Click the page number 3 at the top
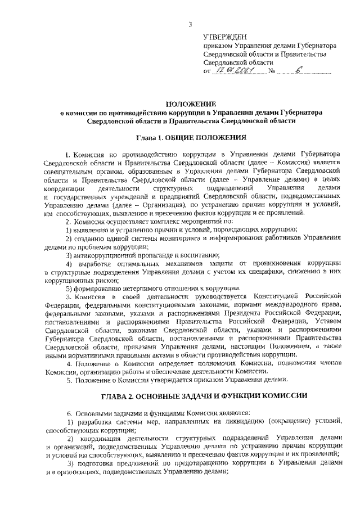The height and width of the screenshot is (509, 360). tap(191, 24)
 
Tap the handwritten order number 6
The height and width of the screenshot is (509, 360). tap(296, 70)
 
